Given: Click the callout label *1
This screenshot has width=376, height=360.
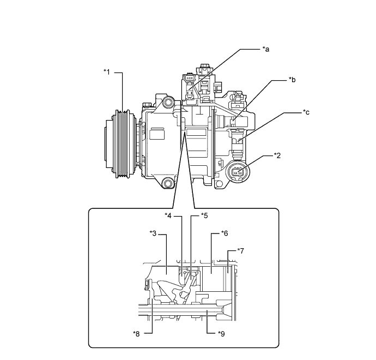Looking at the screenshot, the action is tap(107, 72).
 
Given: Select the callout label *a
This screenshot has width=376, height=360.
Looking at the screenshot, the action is tap(266, 49).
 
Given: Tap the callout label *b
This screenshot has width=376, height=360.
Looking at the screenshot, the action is tap(292, 80).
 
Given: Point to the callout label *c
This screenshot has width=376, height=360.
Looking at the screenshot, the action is tap(306, 112).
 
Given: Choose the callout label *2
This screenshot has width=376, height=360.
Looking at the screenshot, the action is tap(277, 155).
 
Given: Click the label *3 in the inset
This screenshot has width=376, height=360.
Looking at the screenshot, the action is tap(153, 233).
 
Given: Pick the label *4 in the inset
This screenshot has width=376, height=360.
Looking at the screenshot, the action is tap(168, 216).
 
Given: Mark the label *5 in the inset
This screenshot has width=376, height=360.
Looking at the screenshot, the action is tap(204, 216).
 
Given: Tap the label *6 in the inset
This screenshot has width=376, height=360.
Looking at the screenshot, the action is tap(225, 233).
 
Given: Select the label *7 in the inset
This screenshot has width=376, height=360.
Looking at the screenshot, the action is tap(240, 251).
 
